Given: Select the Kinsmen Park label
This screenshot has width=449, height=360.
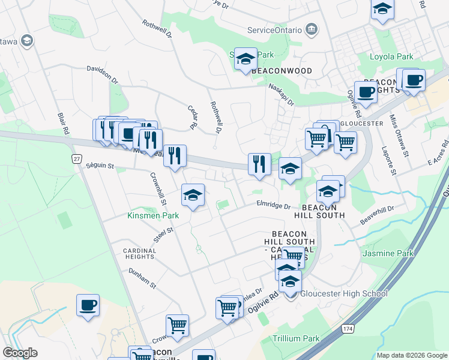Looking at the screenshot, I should [x=153, y=215].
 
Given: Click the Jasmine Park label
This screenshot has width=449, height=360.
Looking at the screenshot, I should [x=388, y=253].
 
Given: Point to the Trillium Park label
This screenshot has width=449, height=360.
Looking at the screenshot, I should [x=297, y=338].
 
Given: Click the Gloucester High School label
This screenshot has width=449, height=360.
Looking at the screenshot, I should [x=343, y=293].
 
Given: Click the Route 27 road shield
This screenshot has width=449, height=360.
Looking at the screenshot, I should [x=76, y=158].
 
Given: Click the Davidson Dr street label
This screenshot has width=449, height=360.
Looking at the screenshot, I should [x=103, y=75].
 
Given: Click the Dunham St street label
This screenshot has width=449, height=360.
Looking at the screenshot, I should [x=142, y=277].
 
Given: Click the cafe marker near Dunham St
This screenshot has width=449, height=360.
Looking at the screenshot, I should [x=88, y=305].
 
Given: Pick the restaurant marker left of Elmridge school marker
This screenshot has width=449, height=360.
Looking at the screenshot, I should [x=259, y=163].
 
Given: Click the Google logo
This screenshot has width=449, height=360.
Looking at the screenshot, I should [x=20, y=353].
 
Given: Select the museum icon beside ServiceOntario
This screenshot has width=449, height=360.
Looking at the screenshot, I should [x=312, y=29].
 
